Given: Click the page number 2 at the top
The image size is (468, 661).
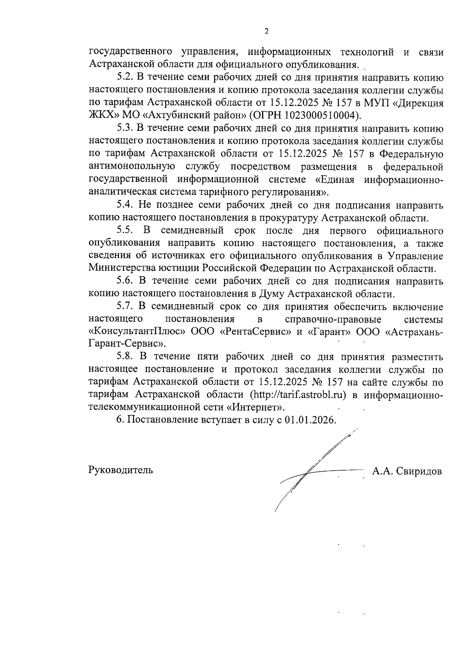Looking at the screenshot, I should tap(266, 32).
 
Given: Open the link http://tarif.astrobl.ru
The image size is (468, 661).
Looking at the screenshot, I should tap(298, 394).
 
